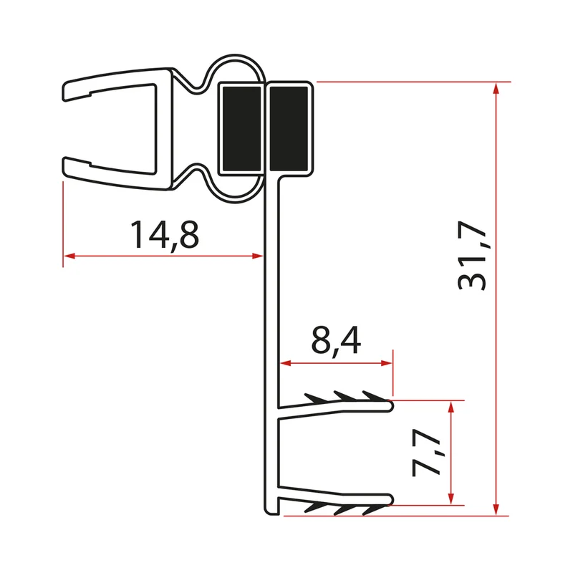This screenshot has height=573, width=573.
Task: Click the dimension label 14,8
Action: point(165,236)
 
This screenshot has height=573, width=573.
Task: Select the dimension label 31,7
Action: point(472,256)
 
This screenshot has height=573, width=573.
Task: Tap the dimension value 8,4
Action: point(336,341)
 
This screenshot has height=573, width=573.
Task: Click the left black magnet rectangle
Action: point(241,128)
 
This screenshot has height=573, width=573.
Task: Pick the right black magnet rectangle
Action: point(289,128)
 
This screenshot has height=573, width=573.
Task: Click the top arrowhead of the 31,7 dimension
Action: point(496,89)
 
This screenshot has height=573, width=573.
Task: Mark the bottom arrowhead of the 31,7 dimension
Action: point(496,509)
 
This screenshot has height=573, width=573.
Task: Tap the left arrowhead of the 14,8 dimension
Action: point(69,256)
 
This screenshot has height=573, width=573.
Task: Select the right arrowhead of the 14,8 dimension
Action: point(257,256)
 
